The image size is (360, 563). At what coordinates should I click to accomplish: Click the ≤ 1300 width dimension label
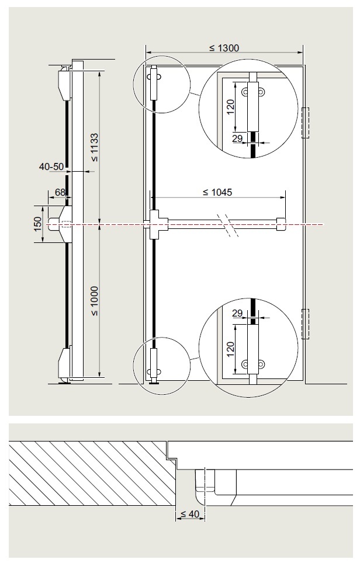(x=224, y=48)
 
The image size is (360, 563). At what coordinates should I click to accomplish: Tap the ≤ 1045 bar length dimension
(x=217, y=193)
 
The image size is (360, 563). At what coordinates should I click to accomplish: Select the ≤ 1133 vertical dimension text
(x=94, y=147)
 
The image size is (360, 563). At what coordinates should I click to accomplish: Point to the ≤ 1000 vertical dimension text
(x=94, y=301)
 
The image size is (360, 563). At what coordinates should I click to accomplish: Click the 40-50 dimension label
(x=51, y=166)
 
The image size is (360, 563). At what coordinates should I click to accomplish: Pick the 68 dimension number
(x=60, y=193)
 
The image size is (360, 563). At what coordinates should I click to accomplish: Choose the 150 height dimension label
(x=38, y=224)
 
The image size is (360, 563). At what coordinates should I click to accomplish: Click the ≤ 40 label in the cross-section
(x=189, y=514)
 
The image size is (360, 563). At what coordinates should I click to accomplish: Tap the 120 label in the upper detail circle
(x=230, y=107)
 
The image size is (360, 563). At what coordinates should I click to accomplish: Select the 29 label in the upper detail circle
(x=237, y=138)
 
